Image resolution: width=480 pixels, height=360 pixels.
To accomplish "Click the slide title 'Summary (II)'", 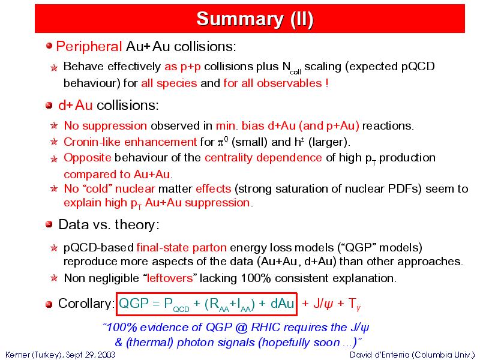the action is (254, 19).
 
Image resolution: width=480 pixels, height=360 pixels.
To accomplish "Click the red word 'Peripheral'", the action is (89, 47).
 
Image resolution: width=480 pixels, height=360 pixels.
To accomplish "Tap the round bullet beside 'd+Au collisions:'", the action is (49, 106).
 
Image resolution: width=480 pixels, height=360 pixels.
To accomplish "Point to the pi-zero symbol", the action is (223, 142).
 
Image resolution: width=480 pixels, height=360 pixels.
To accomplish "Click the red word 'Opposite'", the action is (87, 158).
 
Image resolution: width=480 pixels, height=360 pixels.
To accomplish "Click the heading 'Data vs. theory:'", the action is (109, 224).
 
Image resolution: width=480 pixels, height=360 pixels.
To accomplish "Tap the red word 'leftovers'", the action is (170, 278).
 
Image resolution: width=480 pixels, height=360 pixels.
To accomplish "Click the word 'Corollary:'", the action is (86, 304).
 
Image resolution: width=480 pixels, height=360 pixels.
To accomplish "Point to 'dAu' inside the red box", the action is (282, 304).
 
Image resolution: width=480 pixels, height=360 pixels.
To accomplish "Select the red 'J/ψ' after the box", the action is (323, 304).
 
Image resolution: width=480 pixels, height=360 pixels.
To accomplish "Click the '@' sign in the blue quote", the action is (241, 328).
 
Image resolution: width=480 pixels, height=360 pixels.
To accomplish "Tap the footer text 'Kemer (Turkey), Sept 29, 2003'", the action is (61, 355).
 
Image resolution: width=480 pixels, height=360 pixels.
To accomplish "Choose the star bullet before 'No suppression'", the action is (54, 126).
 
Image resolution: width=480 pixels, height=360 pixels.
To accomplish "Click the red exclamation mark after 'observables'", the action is (327, 83).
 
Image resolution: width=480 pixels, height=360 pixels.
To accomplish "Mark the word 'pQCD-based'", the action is (98, 248).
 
